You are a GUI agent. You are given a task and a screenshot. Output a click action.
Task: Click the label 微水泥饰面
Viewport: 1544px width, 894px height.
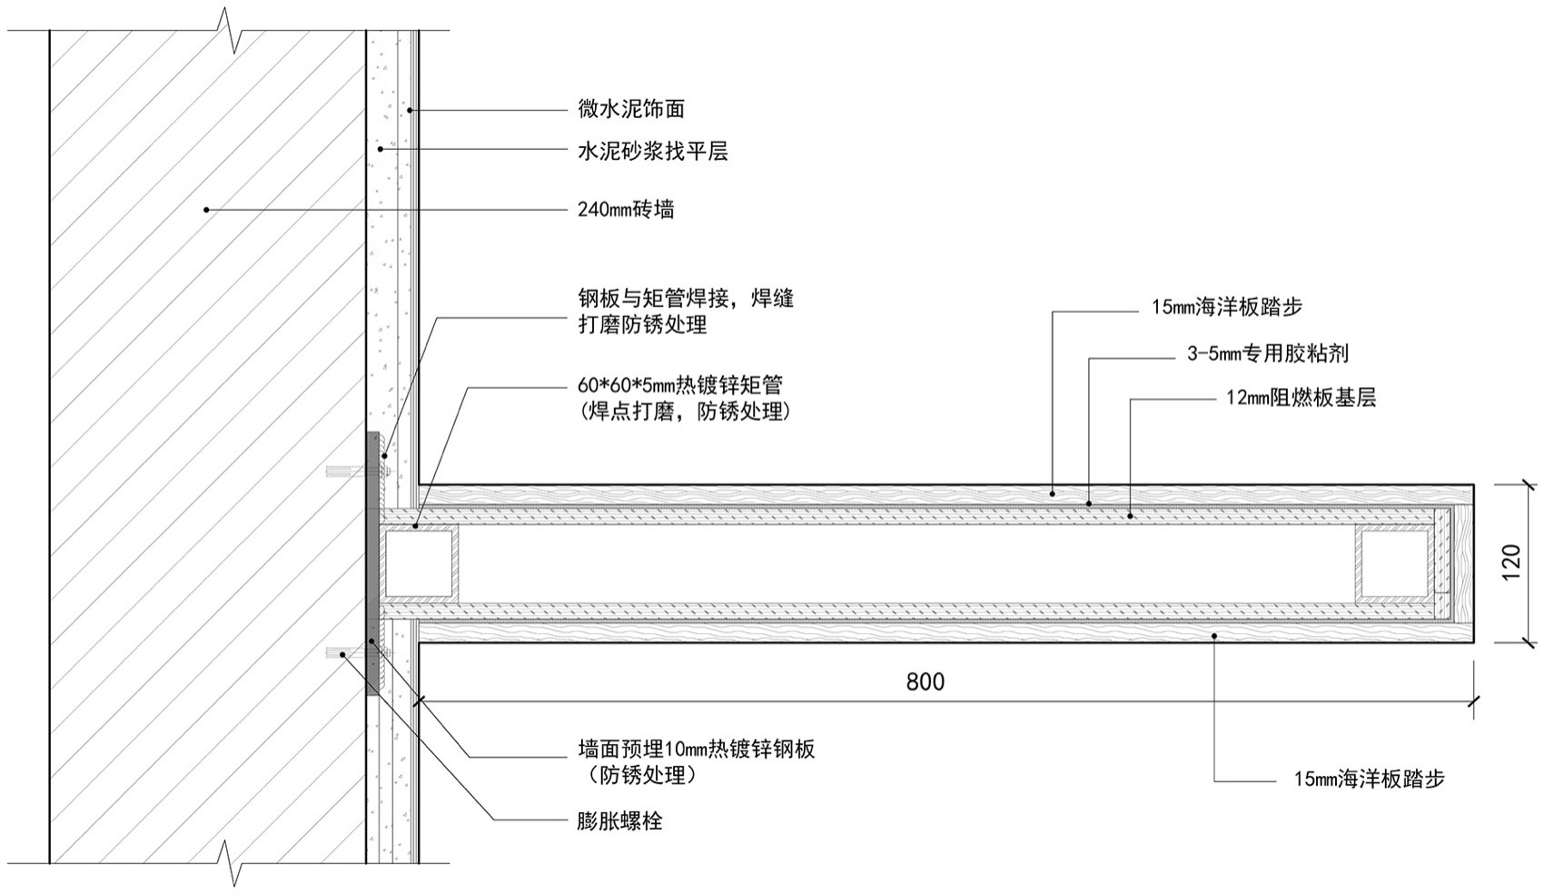(631, 110)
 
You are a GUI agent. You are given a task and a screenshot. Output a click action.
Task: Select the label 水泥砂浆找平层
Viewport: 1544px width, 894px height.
(653, 152)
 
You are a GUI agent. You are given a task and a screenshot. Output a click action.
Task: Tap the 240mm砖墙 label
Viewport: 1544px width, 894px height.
(626, 210)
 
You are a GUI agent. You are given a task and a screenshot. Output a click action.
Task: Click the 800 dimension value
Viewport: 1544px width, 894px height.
(925, 681)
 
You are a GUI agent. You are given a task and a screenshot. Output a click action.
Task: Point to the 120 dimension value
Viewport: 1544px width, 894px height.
(1511, 563)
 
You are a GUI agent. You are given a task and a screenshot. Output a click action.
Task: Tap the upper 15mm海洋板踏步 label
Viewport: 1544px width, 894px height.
(1226, 308)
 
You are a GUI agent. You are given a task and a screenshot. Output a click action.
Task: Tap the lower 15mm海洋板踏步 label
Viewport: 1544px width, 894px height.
(1369, 779)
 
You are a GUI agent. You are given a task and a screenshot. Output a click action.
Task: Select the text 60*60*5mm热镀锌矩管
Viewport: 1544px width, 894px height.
(680, 386)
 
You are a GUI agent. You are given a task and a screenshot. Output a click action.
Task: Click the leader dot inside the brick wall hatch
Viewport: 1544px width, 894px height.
(206, 210)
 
